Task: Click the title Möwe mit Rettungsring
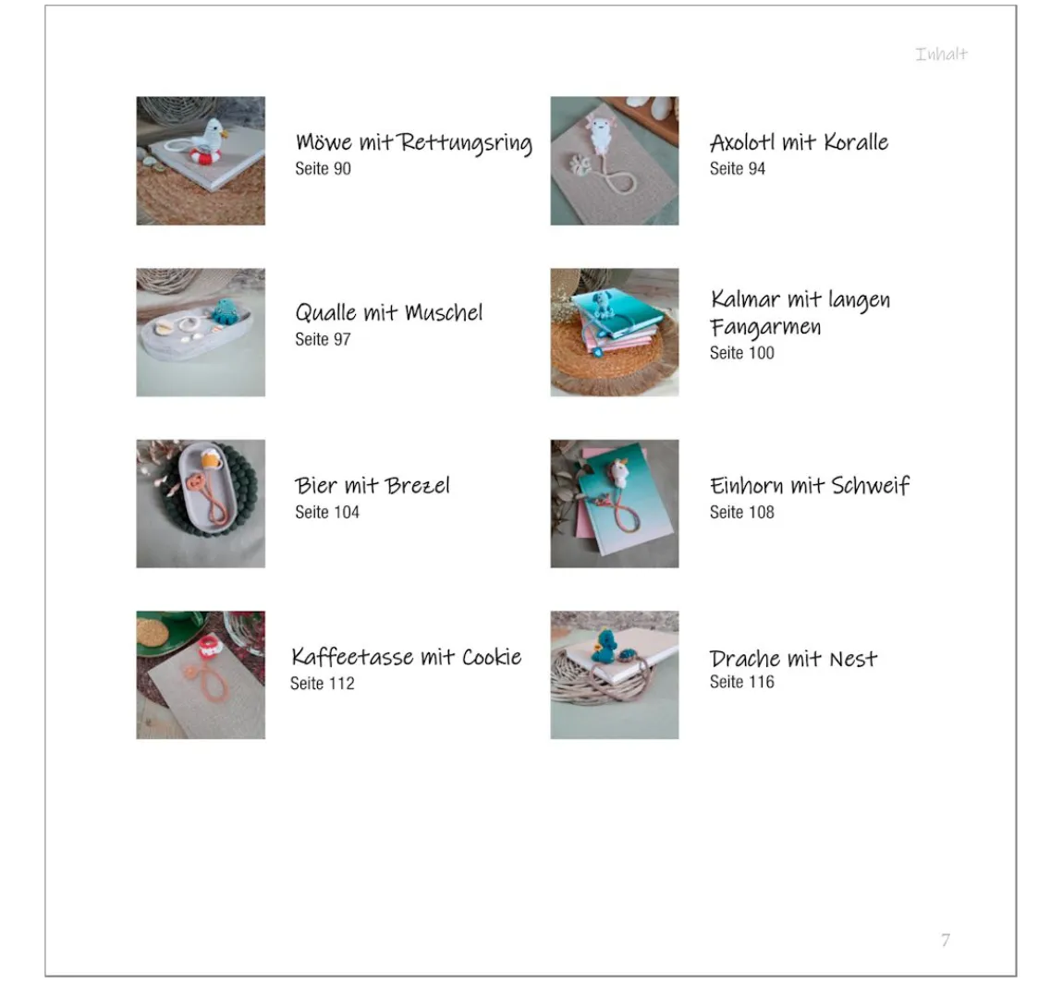point(413,143)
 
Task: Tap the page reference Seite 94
point(737,169)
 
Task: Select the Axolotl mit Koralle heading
point(799,142)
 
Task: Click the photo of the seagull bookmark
point(201,161)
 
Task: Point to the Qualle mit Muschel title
point(388,312)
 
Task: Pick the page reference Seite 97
point(323,339)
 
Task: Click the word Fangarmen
point(765,327)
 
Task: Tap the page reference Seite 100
point(741,353)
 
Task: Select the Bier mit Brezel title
point(373,485)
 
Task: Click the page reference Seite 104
point(327,513)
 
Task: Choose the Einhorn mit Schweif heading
point(810,485)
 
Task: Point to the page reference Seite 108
point(741,513)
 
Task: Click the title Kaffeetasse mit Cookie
point(406,657)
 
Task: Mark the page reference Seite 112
point(322,684)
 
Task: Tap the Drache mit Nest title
point(793,659)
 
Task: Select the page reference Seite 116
point(741,682)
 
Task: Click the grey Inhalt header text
point(941,55)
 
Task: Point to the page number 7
point(946,940)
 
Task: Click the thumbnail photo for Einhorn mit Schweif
point(614,504)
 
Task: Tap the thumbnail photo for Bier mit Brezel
point(201,504)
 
